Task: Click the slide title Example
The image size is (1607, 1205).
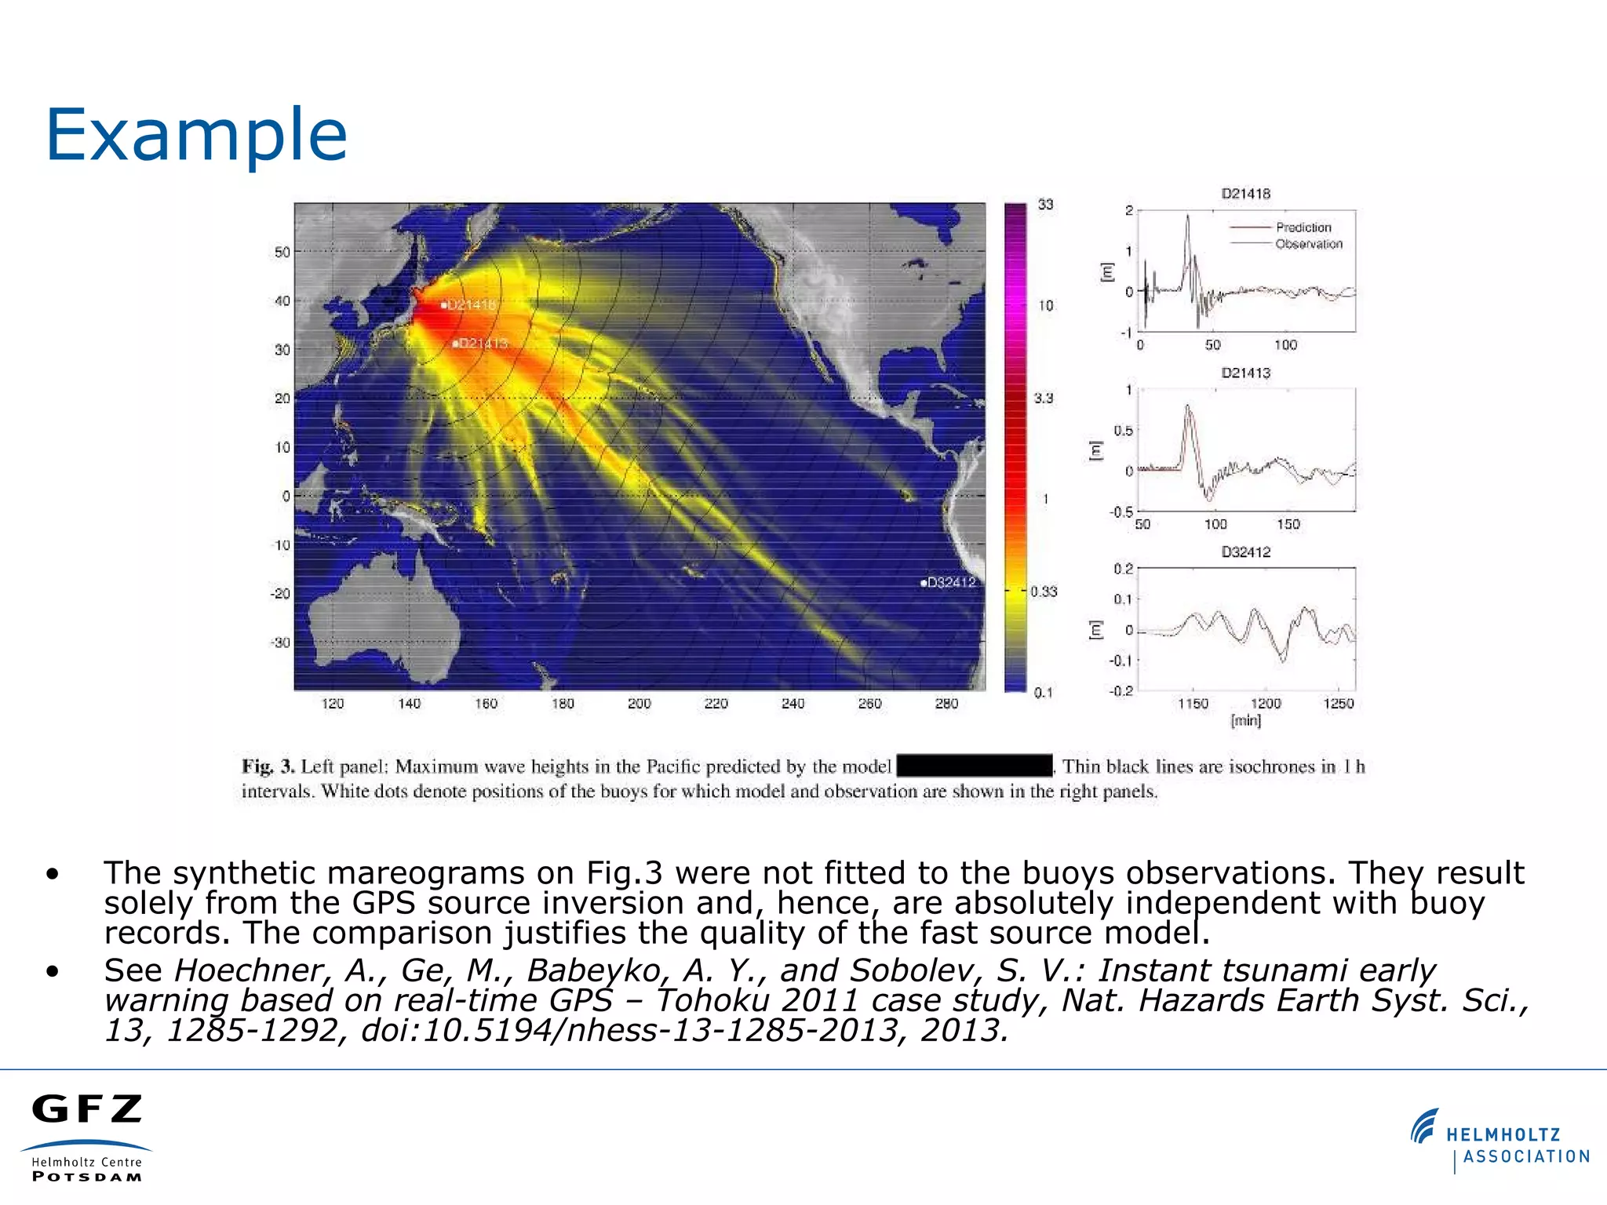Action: pos(196,135)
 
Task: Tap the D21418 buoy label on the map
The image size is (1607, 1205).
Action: pos(471,304)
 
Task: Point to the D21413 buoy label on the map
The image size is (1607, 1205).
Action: pos(483,343)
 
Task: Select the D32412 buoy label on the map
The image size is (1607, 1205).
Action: pos(951,582)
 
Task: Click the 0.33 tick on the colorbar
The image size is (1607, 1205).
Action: pos(1044,592)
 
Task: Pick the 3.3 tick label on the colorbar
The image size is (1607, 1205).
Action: pos(1044,399)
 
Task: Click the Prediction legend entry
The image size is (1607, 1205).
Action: pos(1303,228)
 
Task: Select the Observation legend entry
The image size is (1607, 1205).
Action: pos(1308,244)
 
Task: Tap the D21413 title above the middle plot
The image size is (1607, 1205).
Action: pos(1245,373)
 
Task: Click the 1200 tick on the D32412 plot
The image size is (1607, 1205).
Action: pos(1265,704)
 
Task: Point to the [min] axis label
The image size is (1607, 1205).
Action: pos(1245,720)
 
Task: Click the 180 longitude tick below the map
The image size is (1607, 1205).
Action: pos(563,704)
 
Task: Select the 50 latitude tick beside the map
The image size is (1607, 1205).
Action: pos(282,253)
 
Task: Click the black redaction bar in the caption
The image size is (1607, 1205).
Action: pos(974,766)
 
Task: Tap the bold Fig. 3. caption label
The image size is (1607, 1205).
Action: pos(268,766)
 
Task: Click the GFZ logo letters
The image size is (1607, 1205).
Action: pos(87,1109)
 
